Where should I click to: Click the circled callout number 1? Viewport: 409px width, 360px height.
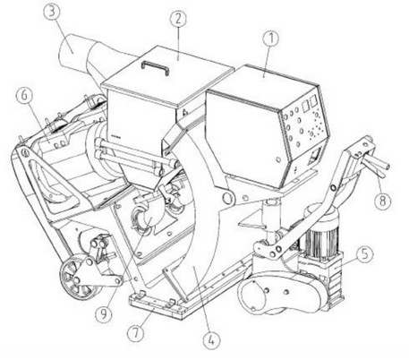pos(271,39)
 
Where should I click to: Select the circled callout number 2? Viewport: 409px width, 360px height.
pos(178,19)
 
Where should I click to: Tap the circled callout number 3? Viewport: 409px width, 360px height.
pos(52,13)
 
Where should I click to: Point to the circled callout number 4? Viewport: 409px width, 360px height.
pos(211,340)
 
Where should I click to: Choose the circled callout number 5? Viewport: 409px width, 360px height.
pos(364,254)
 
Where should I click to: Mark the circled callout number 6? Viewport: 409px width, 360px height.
pos(24,95)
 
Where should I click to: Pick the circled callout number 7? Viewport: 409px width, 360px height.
pos(136,333)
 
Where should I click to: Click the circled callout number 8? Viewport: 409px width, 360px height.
pos(383,201)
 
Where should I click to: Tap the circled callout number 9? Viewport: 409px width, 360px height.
pos(104,313)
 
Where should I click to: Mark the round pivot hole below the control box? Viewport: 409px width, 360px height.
pos(228,198)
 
